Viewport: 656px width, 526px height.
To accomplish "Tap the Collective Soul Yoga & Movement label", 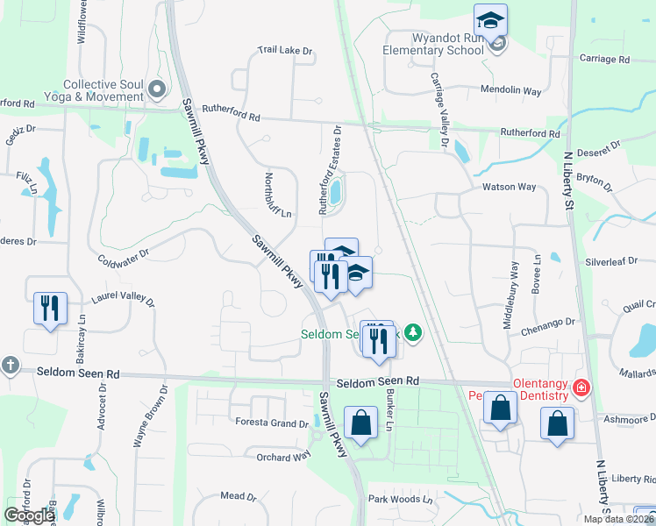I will click(x=103, y=89).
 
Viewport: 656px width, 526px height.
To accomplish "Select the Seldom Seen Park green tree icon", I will click(x=414, y=333).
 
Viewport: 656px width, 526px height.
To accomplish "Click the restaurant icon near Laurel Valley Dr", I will click(x=49, y=308).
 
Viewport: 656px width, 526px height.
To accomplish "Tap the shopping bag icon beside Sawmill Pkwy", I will click(x=360, y=423).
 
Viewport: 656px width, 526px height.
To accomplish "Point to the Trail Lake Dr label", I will click(x=285, y=51).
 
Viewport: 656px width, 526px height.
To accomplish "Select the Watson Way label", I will click(x=509, y=187).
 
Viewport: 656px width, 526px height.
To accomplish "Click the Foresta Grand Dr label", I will click(x=272, y=423).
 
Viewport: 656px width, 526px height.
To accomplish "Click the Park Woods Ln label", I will click(x=401, y=500).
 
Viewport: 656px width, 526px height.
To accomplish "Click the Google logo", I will click(x=30, y=516).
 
